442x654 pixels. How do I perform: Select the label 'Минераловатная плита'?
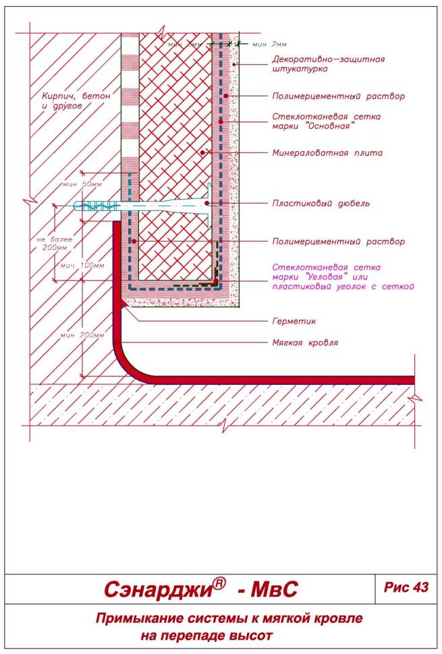point(320,152)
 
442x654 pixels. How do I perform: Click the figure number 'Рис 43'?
point(406,587)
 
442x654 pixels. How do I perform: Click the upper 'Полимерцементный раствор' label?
point(329,96)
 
